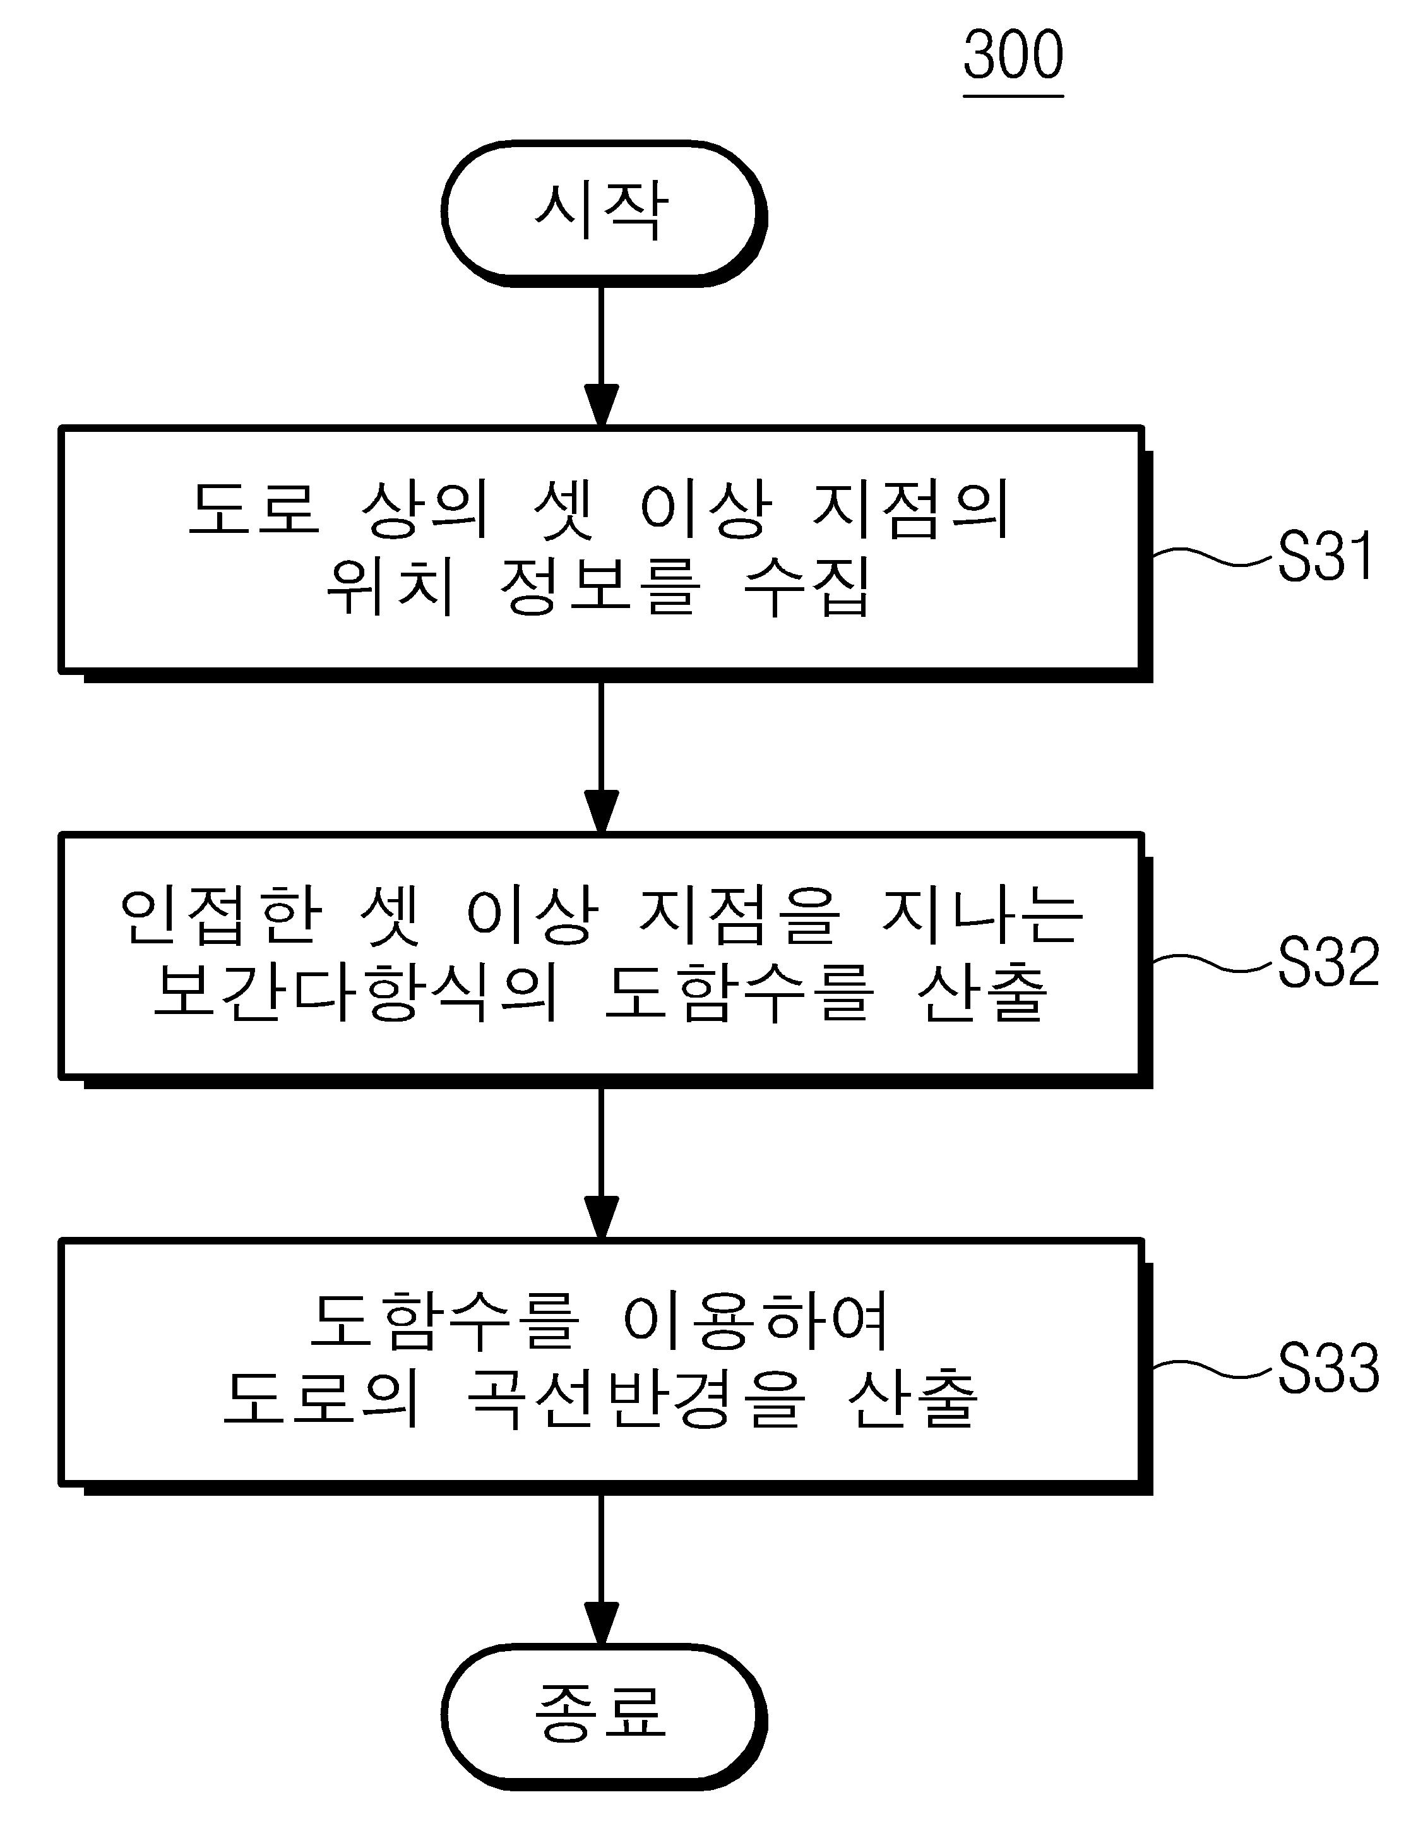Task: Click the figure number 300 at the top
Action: pyautogui.click(x=1013, y=56)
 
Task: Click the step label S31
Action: pyautogui.click(x=1326, y=556)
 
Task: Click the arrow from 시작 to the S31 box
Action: pyautogui.click(x=602, y=357)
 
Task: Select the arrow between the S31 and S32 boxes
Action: pyautogui.click(x=602, y=758)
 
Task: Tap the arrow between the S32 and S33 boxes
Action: pyautogui.click(x=602, y=1163)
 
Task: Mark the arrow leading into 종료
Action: pyautogui.click(x=602, y=1570)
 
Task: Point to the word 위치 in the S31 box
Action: pyautogui.click(x=391, y=587)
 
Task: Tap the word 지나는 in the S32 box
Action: pyautogui.click(x=982, y=915)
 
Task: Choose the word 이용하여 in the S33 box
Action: pyautogui.click(x=756, y=1322)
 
